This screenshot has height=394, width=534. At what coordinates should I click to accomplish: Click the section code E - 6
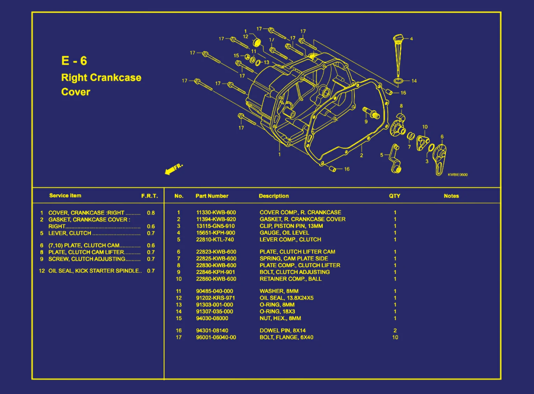tap(74, 61)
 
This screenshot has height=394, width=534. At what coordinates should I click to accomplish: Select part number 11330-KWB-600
tap(216, 212)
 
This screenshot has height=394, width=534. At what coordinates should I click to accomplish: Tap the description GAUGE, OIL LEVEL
tap(284, 233)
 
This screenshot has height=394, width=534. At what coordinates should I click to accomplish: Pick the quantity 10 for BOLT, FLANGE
tap(395, 337)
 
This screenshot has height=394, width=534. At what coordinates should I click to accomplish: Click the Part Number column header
tap(212, 196)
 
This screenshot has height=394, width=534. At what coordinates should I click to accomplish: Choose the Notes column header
tap(451, 196)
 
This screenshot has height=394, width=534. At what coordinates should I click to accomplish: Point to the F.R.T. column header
tap(149, 196)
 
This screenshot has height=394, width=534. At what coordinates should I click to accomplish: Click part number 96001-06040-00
tap(216, 337)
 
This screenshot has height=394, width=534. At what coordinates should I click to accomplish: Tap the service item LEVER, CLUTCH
tap(70, 233)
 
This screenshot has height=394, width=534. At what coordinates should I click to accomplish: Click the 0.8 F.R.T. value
tap(151, 213)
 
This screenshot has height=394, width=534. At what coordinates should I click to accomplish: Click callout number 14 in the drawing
tap(414, 81)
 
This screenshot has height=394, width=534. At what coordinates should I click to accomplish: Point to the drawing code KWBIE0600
tap(457, 175)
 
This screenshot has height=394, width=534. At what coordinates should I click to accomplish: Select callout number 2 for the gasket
tap(361, 156)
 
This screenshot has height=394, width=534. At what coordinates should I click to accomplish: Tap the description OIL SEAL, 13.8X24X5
tap(286, 298)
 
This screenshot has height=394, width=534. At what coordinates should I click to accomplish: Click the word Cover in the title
tap(75, 92)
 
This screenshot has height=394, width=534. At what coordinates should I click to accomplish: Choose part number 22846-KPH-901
tap(215, 272)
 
